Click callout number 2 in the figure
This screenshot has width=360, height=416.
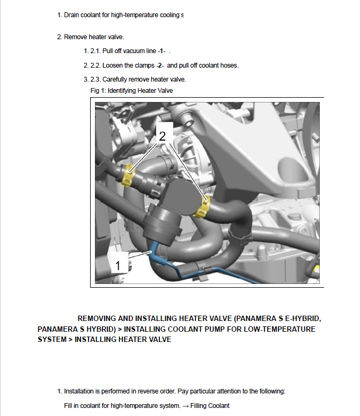coord(163,136)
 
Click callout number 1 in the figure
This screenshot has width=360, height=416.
coord(117,265)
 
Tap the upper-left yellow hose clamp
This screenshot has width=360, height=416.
coord(128,175)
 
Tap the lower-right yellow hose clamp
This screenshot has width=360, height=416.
coord(203,207)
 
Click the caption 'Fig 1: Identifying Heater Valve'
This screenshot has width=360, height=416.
coord(131,91)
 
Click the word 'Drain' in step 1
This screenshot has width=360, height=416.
coord(71,15)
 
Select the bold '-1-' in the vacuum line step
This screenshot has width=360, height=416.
coord(161,51)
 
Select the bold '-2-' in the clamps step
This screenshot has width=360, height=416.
coord(160,65)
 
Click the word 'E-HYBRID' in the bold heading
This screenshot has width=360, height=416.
coord(303,318)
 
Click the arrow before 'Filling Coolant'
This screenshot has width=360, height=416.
coord(186,406)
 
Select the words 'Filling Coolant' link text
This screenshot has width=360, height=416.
coord(210,406)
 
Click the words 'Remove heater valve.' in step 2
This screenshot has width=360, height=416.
coord(94,37)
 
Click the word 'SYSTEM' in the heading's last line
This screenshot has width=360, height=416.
coord(52,339)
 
